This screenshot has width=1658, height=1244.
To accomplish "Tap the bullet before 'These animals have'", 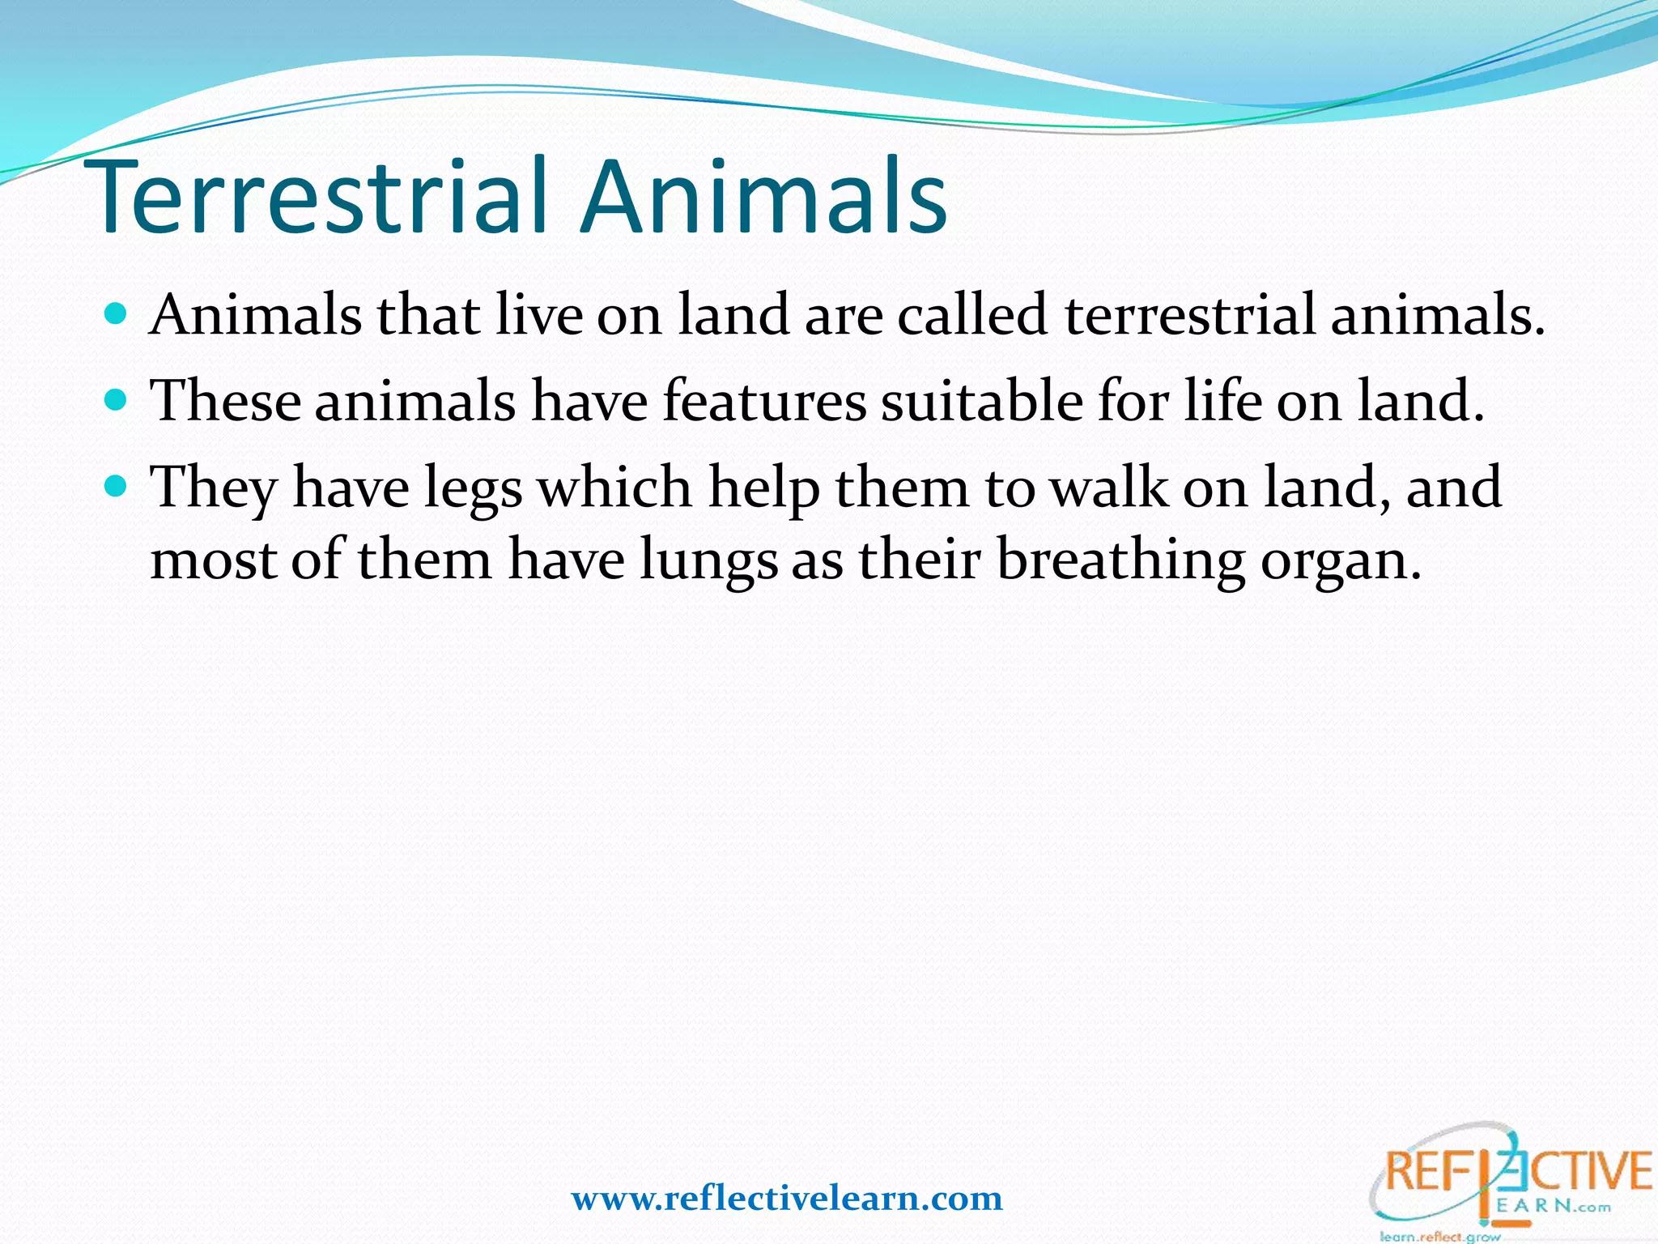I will click(117, 400).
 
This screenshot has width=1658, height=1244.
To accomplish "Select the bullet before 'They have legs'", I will click(117, 486).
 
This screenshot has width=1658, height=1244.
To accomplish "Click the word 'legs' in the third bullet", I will click(474, 489).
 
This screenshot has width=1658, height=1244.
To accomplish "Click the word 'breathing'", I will click(1120, 561).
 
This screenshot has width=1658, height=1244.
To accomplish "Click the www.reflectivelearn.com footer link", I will click(787, 1198).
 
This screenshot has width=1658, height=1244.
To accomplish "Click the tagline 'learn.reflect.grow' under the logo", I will click(1440, 1236).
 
